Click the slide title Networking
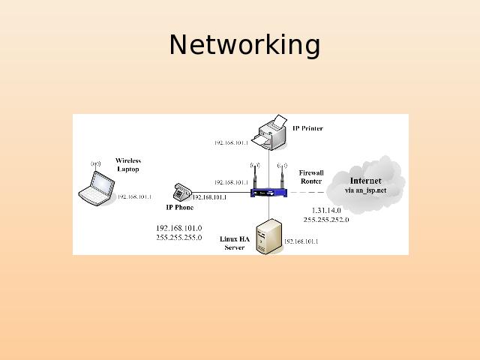(x=244, y=45)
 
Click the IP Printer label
(x=307, y=128)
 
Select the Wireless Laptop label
(x=128, y=165)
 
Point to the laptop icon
(x=95, y=187)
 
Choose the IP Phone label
(x=180, y=207)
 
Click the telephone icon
(x=181, y=191)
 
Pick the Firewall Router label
(x=311, y=177)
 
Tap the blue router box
(x=269, y=192)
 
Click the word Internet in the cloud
(x=365, y=181)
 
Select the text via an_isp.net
(x=365, y=190)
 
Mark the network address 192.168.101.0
(x=178, y=228)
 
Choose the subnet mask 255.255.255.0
(x=178, y=237)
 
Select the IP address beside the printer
(x=231, y=142)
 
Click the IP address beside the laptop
(x=134, y=197)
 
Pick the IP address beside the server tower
(x=301, y=241)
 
